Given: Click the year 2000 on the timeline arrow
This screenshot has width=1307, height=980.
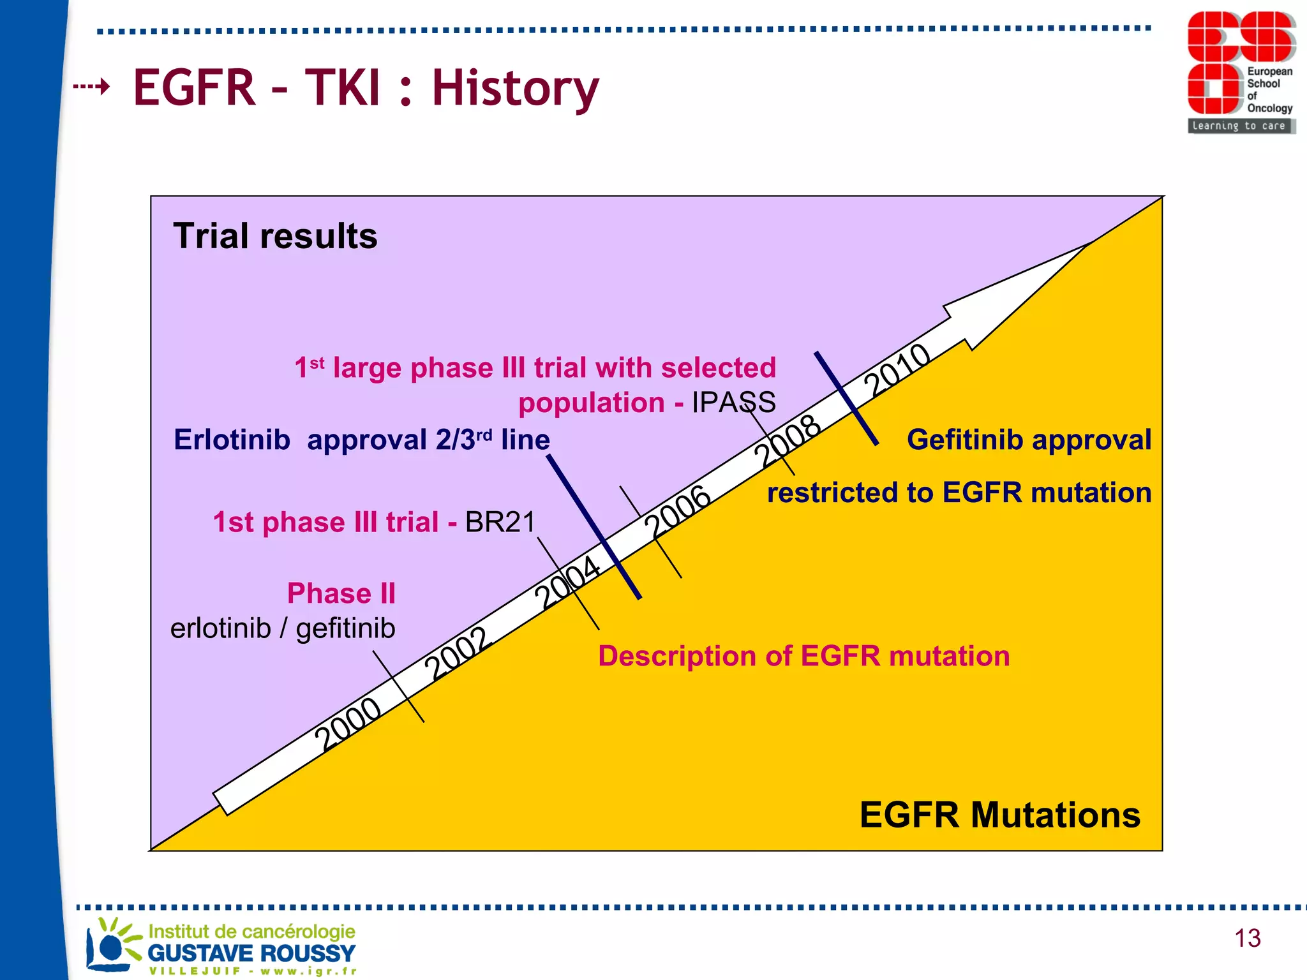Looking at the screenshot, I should (348, 724).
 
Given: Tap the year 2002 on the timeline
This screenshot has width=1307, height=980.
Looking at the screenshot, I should (458, 653).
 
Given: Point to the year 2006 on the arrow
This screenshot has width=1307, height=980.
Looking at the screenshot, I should (677, 511).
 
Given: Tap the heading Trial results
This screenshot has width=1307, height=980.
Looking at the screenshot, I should (275, 236).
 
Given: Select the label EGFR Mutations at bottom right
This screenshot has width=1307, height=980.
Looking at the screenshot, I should (999, 815).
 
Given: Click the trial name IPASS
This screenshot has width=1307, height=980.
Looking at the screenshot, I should (733, 403).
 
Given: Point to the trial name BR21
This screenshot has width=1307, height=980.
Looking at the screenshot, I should (500, 523).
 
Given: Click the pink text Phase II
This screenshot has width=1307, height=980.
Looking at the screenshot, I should (341, 593).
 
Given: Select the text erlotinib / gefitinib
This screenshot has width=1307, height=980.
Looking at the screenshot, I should (283, 628).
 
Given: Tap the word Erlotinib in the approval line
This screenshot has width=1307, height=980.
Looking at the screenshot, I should (232, 440).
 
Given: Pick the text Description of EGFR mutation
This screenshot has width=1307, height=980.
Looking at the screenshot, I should (803, 657).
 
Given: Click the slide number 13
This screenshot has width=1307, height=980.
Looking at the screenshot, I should (1247, 938).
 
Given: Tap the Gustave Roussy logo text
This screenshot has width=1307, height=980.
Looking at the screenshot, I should (251, 953).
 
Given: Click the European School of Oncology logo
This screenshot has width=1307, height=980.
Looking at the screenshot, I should (1241, 71).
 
